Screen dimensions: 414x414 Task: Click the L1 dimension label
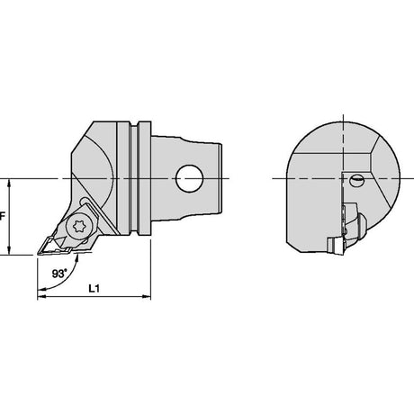(94, 288)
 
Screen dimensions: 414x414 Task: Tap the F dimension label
(3, 216)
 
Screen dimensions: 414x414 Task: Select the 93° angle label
(59, 274)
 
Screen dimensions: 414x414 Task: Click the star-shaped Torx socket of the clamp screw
(78, 226)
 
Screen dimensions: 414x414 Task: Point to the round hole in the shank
(189, 178)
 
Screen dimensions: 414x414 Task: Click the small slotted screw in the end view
(357, 180)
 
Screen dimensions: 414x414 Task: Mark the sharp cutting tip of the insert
(38, 254)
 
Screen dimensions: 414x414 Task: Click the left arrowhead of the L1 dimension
(41, 296)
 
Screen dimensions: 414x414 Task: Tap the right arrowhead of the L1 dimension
(147, 296)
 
